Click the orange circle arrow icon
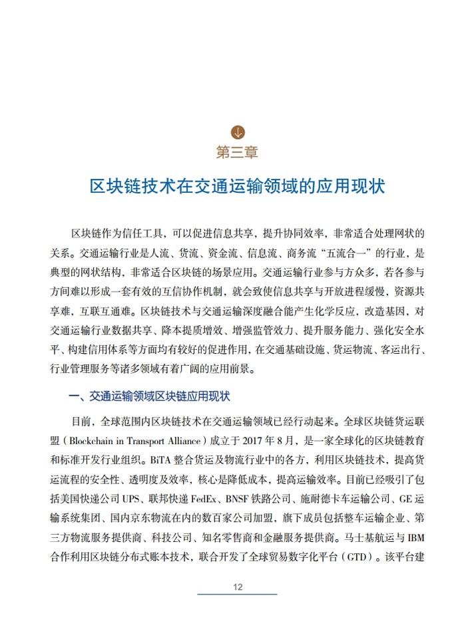click(237, 131)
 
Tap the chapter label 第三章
click(237, 152)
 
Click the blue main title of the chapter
click(237, 186)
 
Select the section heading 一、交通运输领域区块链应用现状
click(150, 396)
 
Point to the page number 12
click(237, 586)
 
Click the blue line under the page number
click(237, 594)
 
